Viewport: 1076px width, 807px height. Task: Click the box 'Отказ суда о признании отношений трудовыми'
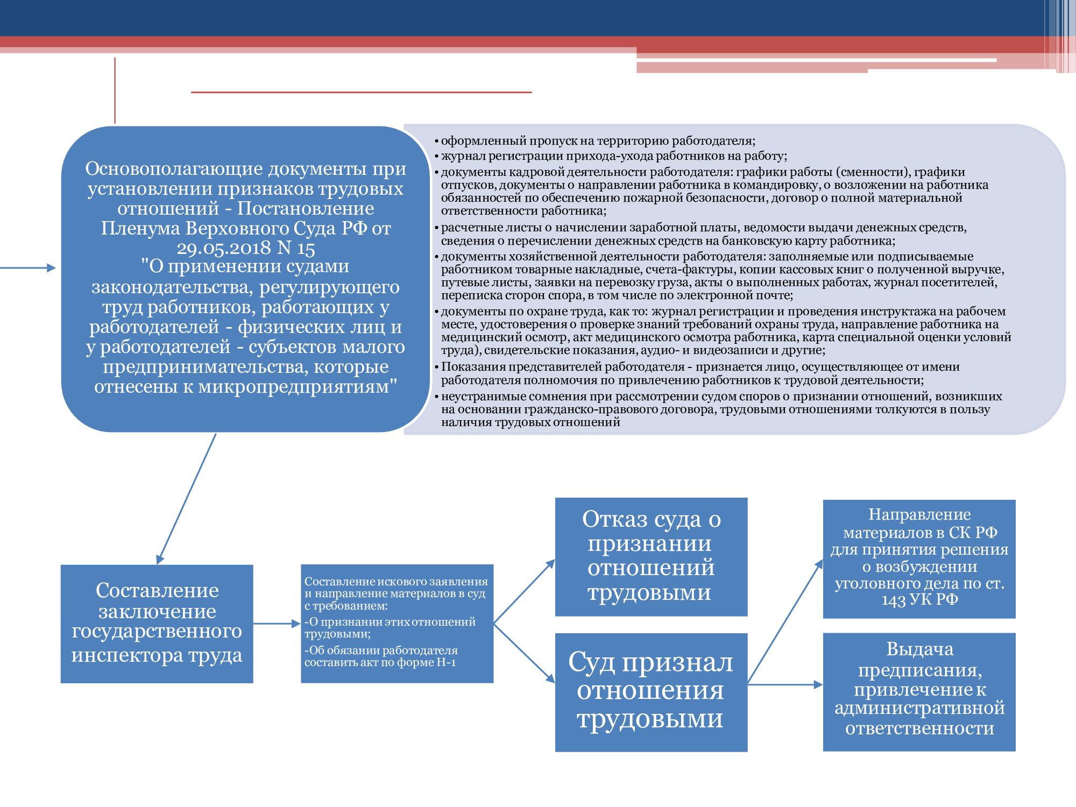(x=651, y=556)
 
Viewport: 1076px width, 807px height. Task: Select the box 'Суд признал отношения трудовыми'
(x=651, y=692)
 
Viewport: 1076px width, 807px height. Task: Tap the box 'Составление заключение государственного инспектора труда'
(x=157, y=624)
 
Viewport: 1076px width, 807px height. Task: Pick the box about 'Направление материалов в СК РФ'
(x=919, y=558)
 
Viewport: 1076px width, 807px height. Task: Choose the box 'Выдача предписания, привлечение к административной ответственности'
(x=919, y=692)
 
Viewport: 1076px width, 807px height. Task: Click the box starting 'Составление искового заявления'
(x=397, y=623)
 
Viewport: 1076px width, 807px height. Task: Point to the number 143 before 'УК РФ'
(x=894, y=600)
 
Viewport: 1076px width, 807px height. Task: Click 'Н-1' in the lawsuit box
(x=446, y=662)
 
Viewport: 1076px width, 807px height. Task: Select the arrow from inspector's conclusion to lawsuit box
(x=276, y=624)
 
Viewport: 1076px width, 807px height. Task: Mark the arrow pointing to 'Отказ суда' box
(x=525, y=591)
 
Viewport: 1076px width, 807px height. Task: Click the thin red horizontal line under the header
(x=361, y=93)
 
